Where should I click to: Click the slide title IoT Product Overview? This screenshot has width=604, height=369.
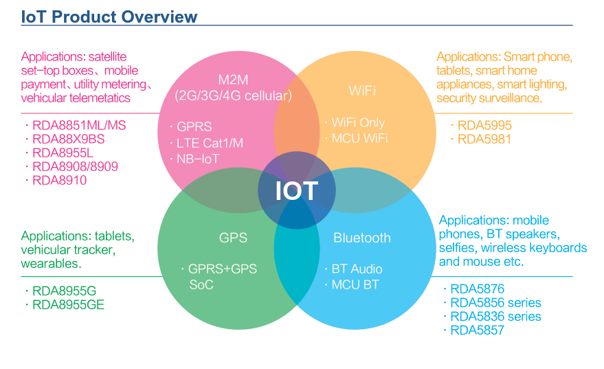109,17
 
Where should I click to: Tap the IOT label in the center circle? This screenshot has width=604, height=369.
296,190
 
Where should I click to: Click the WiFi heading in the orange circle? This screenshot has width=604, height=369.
362,90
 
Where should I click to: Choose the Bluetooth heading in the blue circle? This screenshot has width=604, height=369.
361,238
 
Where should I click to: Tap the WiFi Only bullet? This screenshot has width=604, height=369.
358,122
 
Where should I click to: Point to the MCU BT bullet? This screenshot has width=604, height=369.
355,284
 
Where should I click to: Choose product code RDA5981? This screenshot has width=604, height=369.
485,139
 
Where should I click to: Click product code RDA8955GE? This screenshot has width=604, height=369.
68,304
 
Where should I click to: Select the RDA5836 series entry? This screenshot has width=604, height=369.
495,317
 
